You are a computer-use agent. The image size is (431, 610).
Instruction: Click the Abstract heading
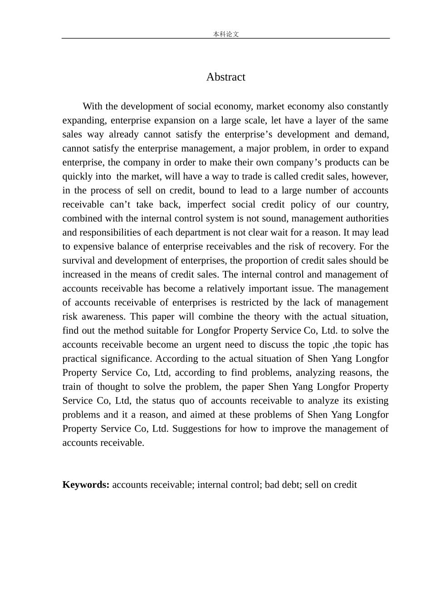click(x=225, y=77)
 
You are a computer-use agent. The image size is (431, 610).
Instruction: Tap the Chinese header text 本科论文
click(x=225, y=34)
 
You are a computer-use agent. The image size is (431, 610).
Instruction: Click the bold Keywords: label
click(x=86, y=485)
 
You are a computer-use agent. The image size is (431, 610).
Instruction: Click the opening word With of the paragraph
click(x=93, y=107)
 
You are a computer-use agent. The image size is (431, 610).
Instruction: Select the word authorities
click(x=366, y=219)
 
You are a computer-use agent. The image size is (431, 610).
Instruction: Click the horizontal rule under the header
click(x=225, y=39)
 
